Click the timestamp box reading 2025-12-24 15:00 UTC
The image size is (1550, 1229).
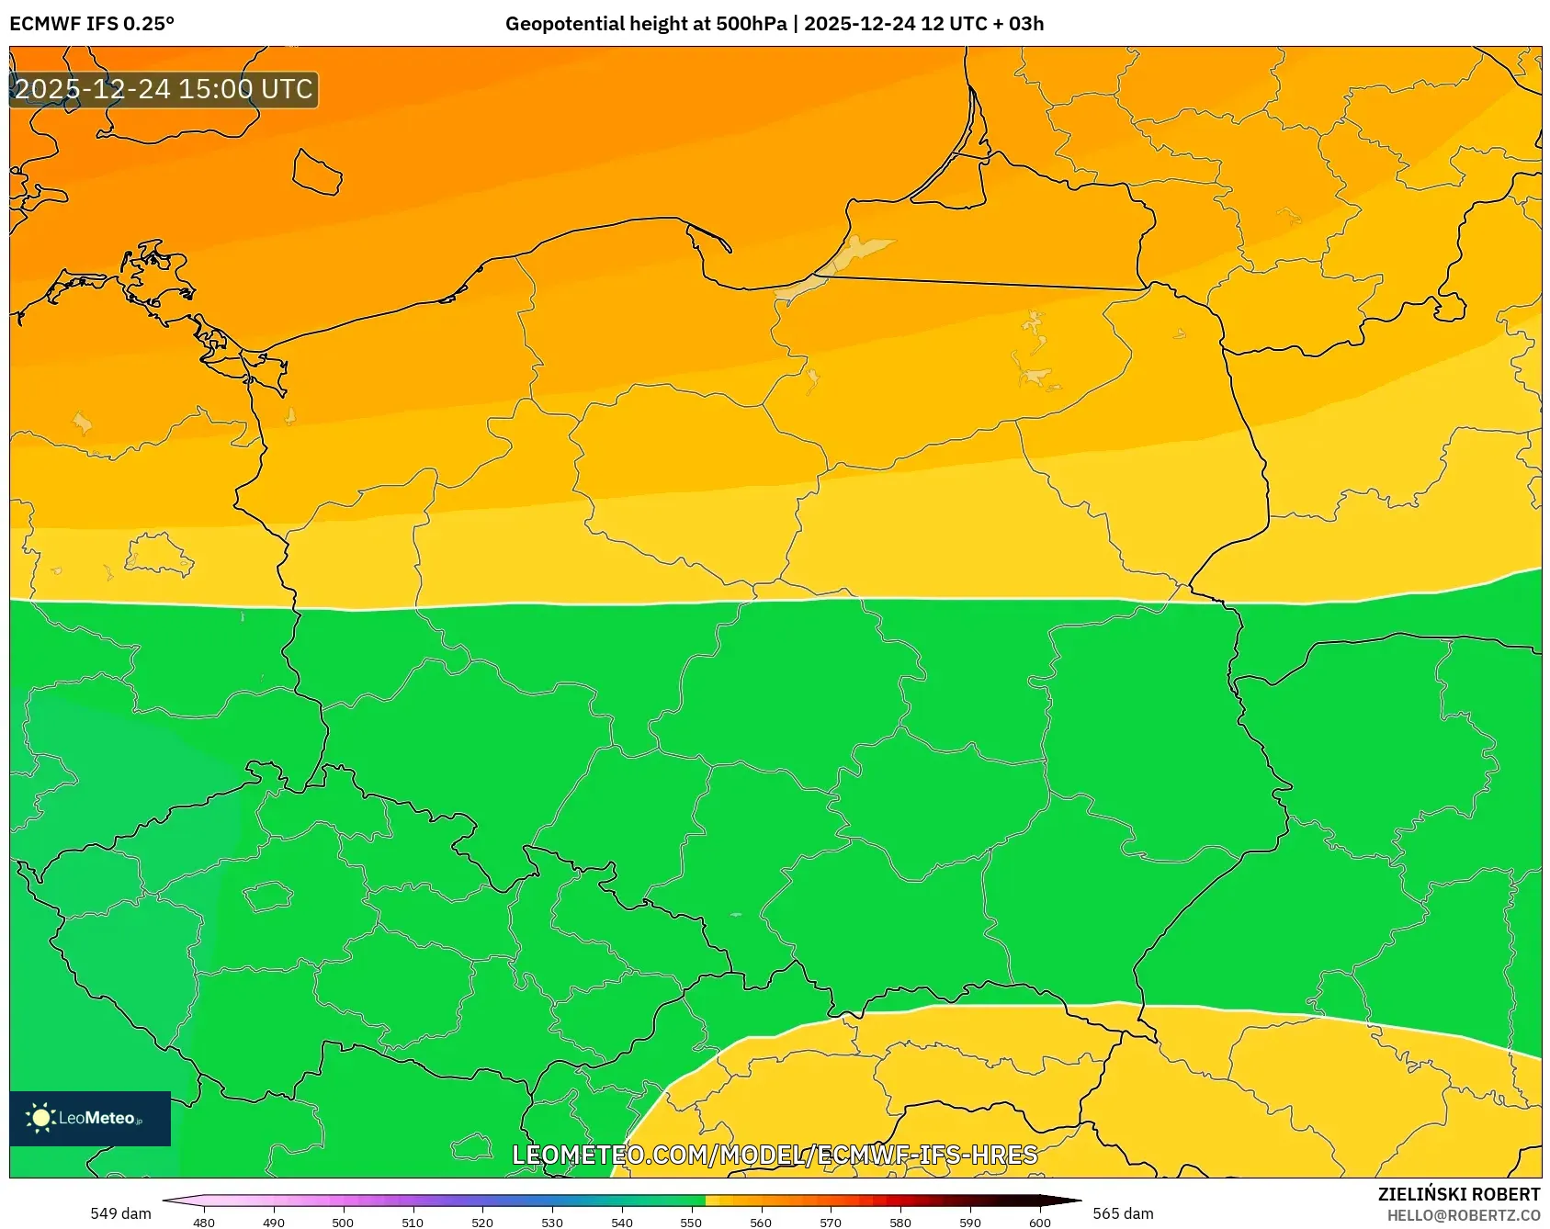point(164,89)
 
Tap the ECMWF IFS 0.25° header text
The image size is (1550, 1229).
point(92,24)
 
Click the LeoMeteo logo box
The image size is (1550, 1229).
point(90,1118)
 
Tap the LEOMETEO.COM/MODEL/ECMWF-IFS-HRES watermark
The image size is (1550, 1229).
point(775,1155)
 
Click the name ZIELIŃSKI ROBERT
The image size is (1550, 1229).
point(1458,1194)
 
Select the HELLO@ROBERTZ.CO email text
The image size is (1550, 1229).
point(1463,1215)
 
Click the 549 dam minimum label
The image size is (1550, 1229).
point(120,1213)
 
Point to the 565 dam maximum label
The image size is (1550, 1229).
point(1123,1213)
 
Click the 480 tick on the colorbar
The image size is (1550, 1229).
point(204,1223)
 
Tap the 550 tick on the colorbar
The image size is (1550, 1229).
point(691,1223)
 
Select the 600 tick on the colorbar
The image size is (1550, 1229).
point(1039,1223)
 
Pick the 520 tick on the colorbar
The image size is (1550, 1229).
point(482,1223)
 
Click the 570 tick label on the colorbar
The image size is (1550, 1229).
point(831,1223)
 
